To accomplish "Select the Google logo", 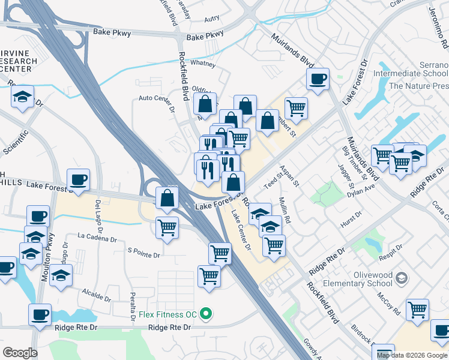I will [x=20, y=353].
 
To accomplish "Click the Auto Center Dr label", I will [x=156, y=98].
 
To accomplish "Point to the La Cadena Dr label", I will [x=97, y=239].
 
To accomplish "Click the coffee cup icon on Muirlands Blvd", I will [x=318, y=78].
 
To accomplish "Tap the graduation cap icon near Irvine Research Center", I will [x=23, y=97].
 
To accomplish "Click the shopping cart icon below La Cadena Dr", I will [x=167, y=227].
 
